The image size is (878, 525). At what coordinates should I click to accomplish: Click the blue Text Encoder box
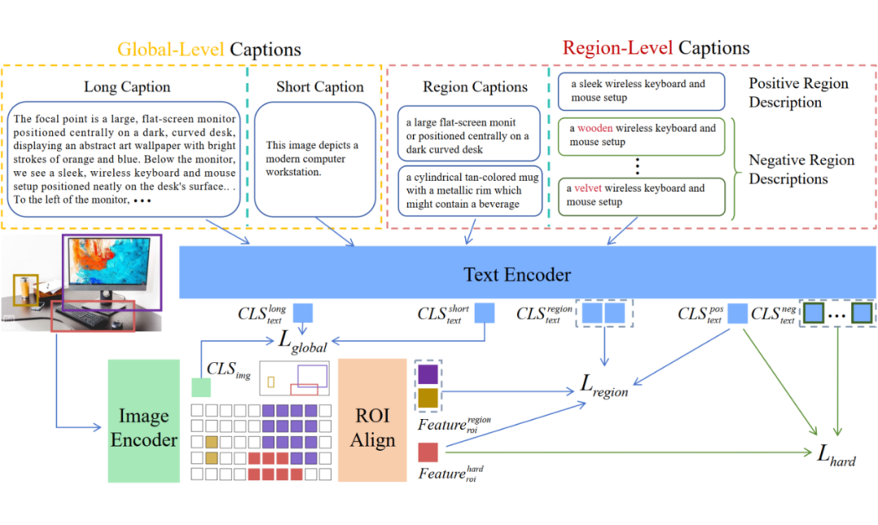[x=528, y=272]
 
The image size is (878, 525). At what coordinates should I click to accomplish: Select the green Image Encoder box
[x=144, y=421]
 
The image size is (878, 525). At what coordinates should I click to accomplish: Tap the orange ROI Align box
[x=372, y=420]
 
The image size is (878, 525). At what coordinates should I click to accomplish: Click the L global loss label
[x=302, y=341]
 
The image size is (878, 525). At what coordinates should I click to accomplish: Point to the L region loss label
[x=603, y=386]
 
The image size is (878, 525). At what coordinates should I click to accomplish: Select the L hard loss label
[x=836, y=456]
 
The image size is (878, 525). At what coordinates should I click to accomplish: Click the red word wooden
[x=594, y=129]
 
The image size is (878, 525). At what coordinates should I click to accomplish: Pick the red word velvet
[x=588, y=189]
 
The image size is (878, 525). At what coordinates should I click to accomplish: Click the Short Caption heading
[x=319, y=87]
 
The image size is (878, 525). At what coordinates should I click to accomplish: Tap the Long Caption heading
[x=127, y=87]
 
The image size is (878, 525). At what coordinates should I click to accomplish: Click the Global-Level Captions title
[x=210, y=50]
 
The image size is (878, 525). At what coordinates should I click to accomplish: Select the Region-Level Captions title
[x=656, y=48]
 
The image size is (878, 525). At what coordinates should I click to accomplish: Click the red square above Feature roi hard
[x=428, y=452]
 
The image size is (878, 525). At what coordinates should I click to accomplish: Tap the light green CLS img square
[x=201, y=387]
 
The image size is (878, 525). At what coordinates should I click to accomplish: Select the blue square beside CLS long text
[x=303, y=313]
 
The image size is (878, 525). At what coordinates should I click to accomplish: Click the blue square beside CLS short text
[x=485, y=313]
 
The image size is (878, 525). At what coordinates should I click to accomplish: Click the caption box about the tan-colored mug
[x=471, y=190]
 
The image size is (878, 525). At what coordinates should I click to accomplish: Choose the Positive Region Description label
[x=798, y=93]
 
